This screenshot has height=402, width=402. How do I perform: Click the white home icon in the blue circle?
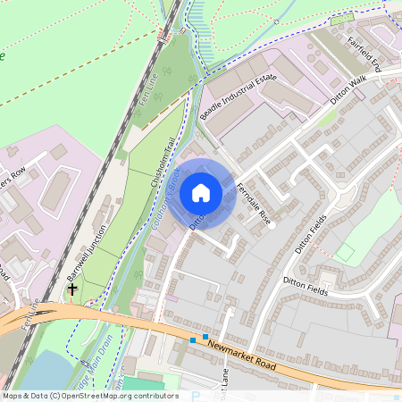click(x=201, y=192)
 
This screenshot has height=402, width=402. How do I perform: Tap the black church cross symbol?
click(x=72, y=289)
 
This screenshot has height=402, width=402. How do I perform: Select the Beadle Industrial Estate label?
click(x=239, y=98)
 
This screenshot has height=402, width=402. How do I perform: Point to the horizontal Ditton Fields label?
click(x=306, y=286)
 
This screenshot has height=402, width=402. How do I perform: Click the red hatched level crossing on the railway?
click(x=162, y=36)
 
